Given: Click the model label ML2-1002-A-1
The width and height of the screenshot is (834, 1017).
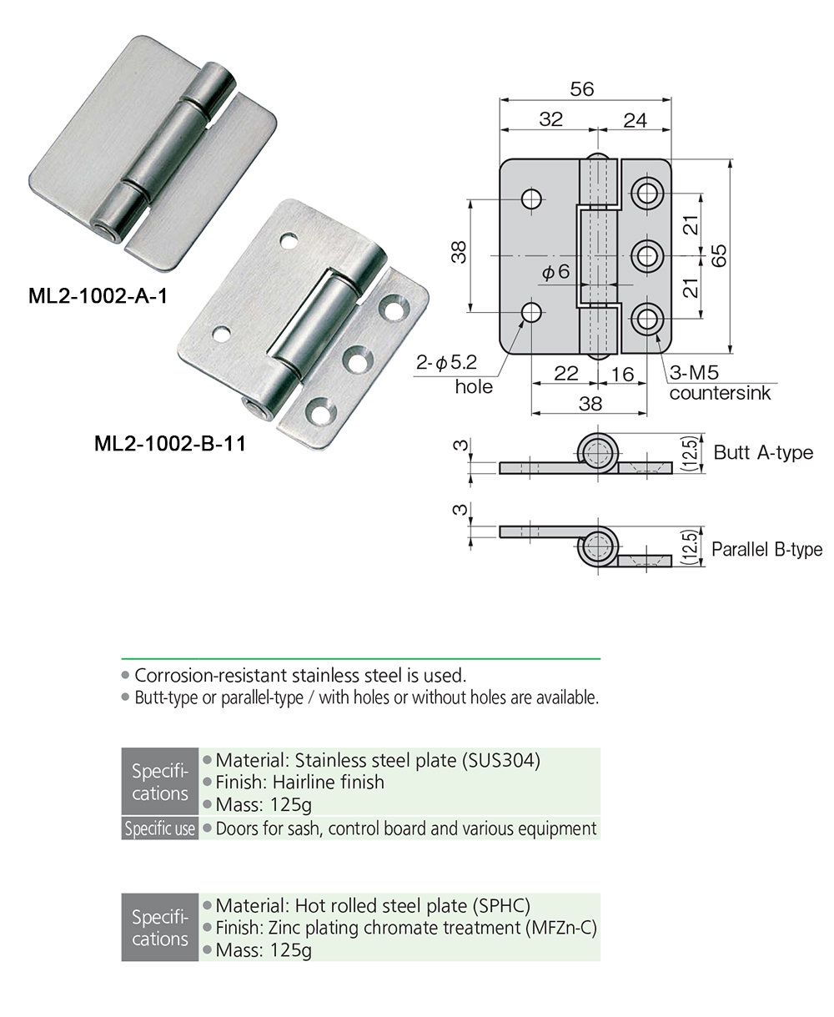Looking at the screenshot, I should tap(98, 296).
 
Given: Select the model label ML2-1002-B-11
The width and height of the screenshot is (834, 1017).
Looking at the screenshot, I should tap(170, 443).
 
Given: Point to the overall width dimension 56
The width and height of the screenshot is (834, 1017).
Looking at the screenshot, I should tap(582, 88).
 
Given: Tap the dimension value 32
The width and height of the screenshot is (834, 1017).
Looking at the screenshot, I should tap(550, 119).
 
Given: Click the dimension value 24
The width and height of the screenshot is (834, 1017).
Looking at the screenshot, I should tap(635, 120).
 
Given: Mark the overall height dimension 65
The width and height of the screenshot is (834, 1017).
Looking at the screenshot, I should tap(720, 254).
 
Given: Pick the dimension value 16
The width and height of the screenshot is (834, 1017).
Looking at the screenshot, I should tap(622, 374).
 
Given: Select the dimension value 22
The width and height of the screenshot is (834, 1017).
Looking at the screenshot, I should tap(565, 374).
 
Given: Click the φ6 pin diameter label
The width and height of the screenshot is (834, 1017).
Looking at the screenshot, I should tap(555, 272).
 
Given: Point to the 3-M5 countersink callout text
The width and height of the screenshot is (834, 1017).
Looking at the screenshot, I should tap(719, 383).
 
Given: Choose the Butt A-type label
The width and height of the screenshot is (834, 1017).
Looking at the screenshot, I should tap(762, 453).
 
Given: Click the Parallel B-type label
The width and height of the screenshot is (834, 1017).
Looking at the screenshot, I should tap(766, 550).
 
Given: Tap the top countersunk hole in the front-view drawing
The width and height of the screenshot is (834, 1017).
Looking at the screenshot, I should tap(646, 194).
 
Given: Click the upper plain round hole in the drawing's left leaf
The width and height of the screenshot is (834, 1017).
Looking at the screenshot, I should tap(531, 199).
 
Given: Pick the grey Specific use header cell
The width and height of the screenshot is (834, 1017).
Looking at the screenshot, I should tap(160, 829).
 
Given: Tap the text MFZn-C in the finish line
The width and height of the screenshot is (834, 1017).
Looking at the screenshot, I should tap(561, 928).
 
